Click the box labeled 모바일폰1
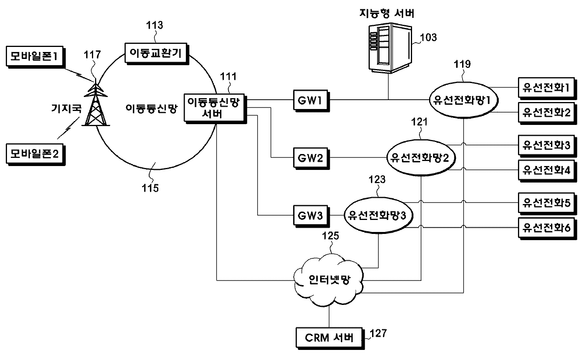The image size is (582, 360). coord(34,57)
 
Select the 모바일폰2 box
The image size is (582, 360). coord(34,154)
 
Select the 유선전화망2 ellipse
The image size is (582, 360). coord(421,157)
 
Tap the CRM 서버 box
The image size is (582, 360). coord(329,337)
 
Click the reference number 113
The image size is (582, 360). coord(154,26)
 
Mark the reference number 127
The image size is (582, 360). coord(378,333)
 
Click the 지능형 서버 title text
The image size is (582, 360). coord(386,14)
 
